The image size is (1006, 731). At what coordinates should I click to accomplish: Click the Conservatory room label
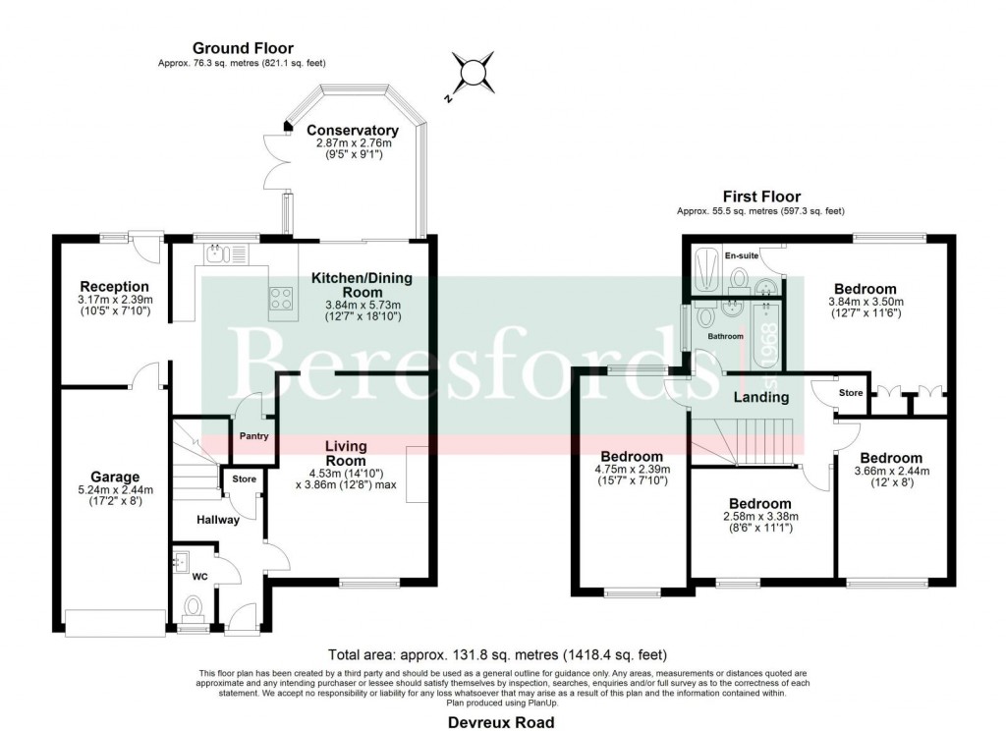tap(352, 131)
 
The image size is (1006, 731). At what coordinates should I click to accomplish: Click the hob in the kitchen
tap(281, 296)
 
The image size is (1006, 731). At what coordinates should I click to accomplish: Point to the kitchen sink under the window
tap(216, 255)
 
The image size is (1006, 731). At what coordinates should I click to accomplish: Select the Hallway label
tap(217, 520)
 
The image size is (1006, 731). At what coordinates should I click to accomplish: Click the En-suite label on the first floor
tap(742, 256)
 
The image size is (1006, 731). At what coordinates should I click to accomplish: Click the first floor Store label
tap(851, 393)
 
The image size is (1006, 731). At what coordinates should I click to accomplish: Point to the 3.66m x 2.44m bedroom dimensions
tap(892, 471)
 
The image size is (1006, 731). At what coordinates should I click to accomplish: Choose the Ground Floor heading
tap(243, 48)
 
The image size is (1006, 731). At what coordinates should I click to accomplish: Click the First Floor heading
tap(760, 197)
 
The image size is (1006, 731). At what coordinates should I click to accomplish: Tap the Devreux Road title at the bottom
tap(501, 721)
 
